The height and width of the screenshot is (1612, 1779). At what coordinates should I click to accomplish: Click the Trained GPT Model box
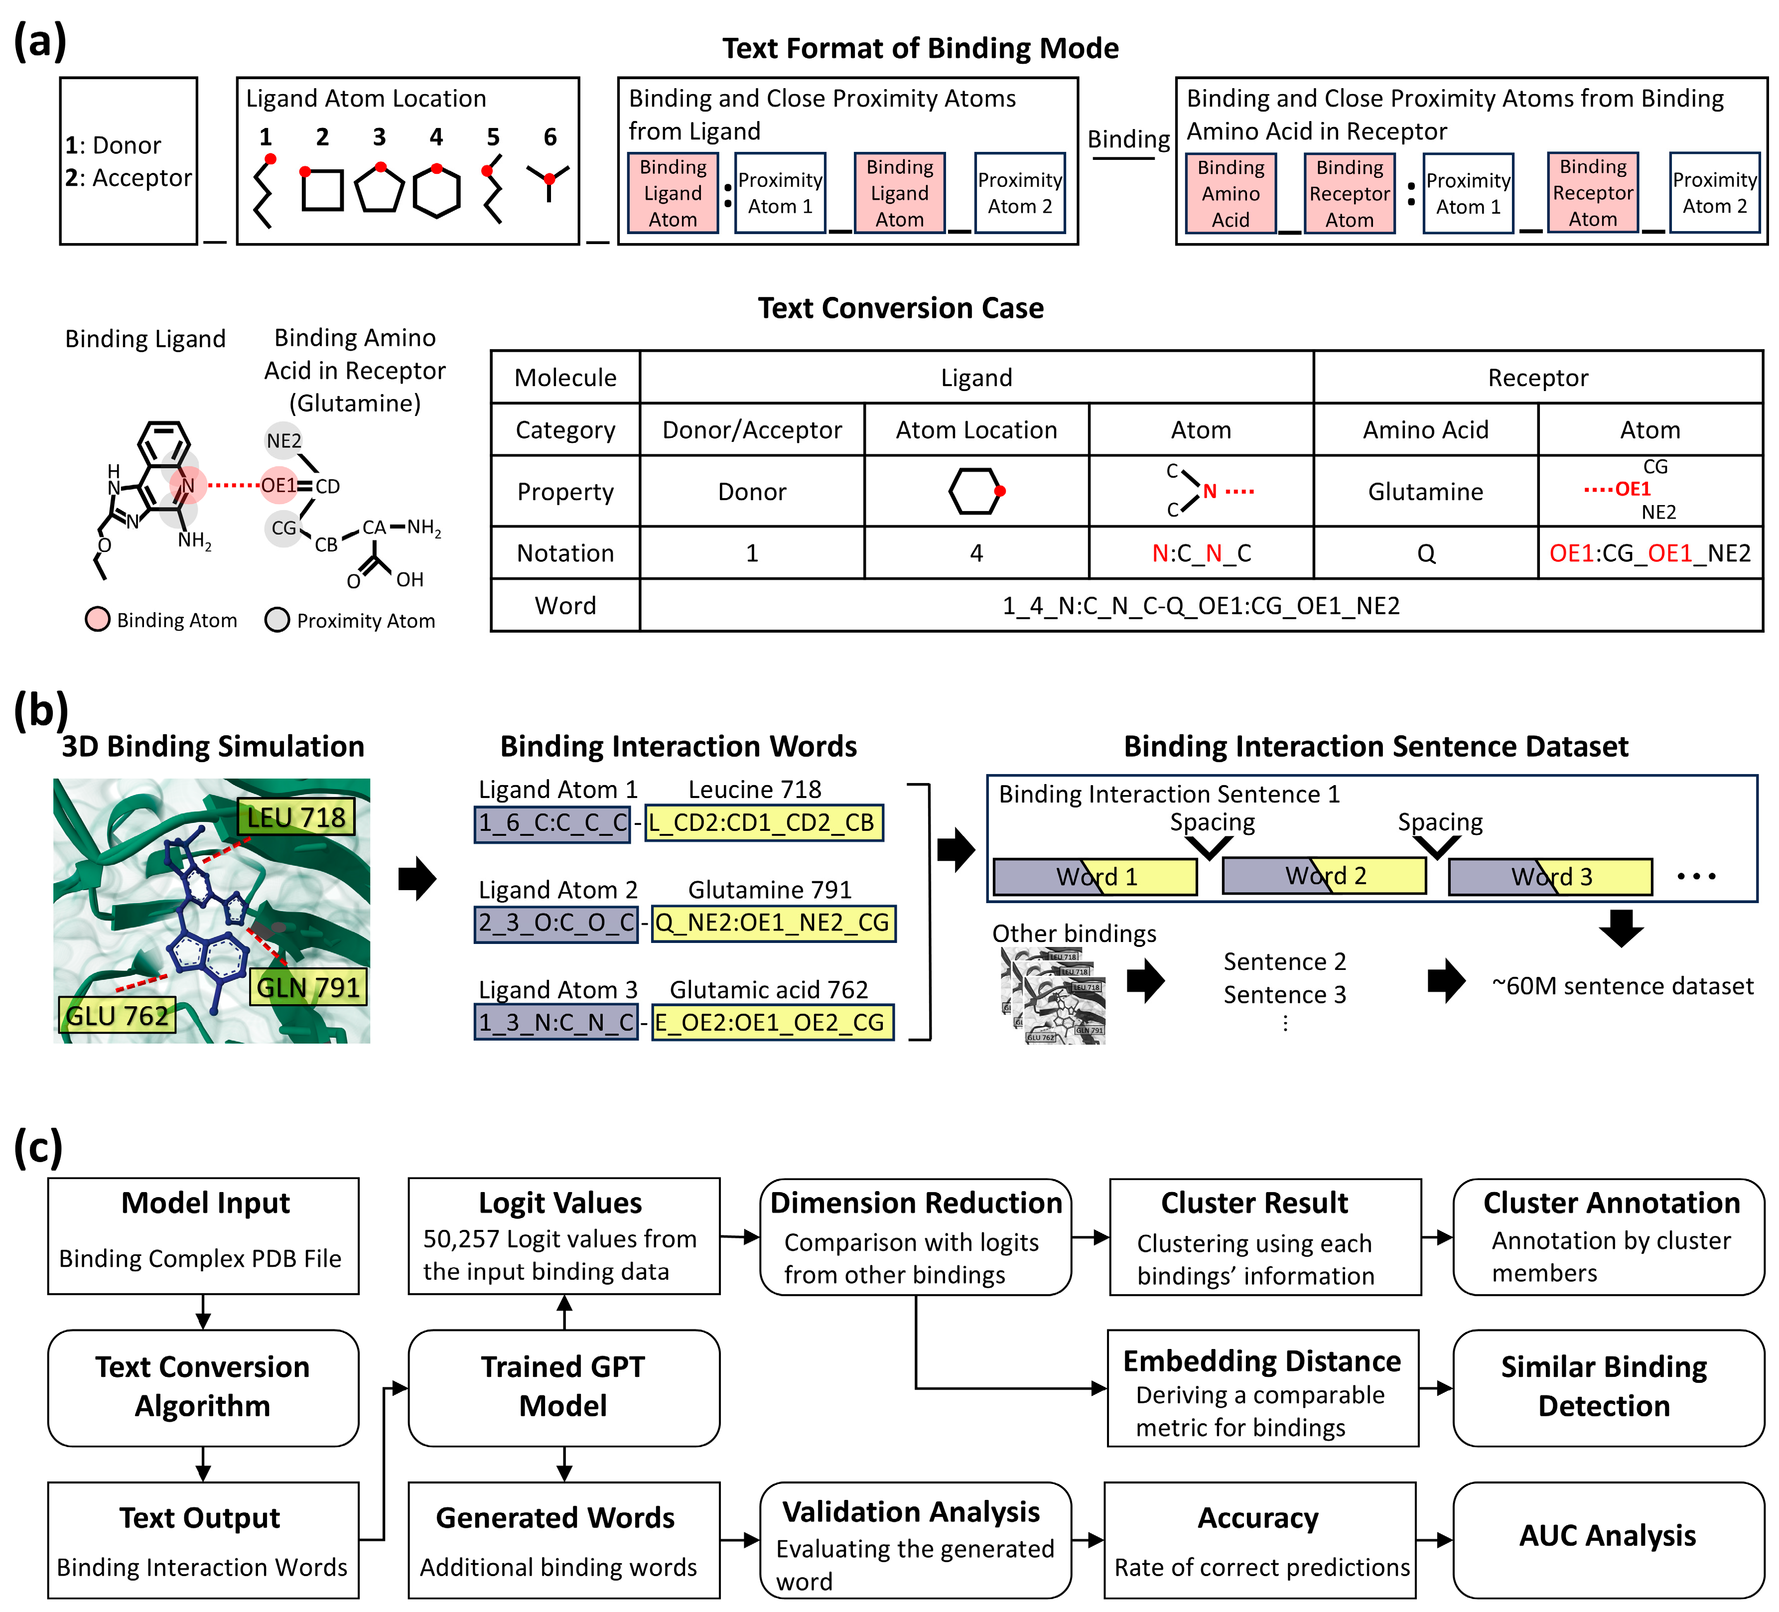point(563,1386)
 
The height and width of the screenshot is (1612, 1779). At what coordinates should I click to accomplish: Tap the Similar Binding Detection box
point(1607,1386)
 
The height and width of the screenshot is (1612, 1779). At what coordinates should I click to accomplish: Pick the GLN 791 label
point(308,986)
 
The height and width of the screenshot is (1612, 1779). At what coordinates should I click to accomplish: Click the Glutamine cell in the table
point(1425,492)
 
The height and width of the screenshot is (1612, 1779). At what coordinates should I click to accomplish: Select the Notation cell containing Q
point(1425,553)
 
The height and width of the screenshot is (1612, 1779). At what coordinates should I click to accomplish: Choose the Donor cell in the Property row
point(752,492)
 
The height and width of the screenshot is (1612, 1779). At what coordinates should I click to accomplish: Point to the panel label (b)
point(40,710)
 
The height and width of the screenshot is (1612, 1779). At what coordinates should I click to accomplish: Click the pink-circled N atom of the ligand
point(188,485)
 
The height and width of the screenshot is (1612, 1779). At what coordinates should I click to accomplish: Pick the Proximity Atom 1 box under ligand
point(780,193)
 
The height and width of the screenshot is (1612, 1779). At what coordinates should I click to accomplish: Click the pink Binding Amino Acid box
point(1230,193)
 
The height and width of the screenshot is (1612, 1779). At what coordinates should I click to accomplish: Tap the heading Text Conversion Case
point(900,308)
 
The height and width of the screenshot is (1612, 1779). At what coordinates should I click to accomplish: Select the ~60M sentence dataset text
point(1622,985)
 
